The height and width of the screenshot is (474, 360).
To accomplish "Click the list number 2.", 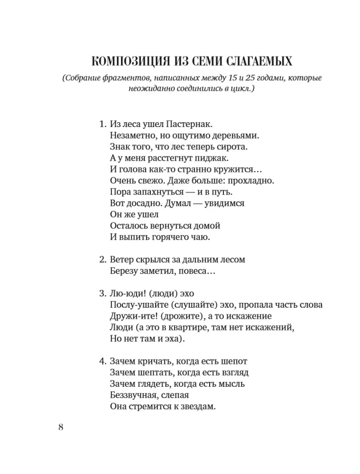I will [x=102, y=260].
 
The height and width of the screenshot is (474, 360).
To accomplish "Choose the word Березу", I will [x=125, y=272].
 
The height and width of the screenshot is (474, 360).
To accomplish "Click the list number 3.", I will [x=102, y=294].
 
